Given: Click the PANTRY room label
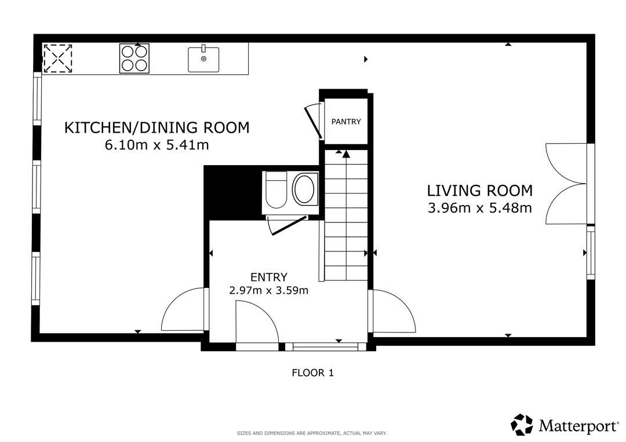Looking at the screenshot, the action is [x=345, y=122].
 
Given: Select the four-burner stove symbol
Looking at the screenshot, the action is [x=134, y=59].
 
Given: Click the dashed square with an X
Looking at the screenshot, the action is [x=57, y=59].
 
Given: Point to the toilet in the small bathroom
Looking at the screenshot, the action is [x=276, y=190].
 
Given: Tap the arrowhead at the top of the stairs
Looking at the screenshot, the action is [x=345, y=154].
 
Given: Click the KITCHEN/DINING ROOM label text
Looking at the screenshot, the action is [x=157, y=127].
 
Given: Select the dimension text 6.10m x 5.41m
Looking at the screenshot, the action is [x=157, y=145].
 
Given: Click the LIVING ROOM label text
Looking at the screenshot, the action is [x=480, y=191].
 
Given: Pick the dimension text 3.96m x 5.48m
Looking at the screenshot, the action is [x=480, y=208].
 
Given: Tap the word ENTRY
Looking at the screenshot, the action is [x=269, y=277].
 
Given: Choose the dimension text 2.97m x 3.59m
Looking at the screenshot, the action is [x=269, y=290].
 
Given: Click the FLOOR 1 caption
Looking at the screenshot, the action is [x=312, y=372].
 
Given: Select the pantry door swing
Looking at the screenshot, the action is [x=314, y=121].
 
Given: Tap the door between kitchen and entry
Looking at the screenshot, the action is [x=184, y=309].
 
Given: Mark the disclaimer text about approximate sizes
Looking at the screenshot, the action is [x=312, y=433].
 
